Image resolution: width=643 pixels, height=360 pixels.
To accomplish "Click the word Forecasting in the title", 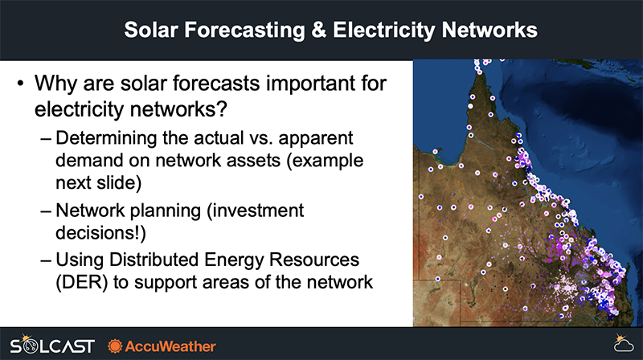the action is pyautogui.click(x=244, y=30).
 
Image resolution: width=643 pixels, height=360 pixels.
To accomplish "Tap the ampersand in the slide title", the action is pyautogui.click(x=318, y=30).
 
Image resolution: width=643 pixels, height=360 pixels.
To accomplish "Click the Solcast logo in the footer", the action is pyautogui.click(x=52, y=345).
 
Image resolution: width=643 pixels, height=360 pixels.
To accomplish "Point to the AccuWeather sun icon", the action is pyautogui.click(x=115, y=346).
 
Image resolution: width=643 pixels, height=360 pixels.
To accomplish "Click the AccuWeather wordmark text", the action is pyautogui.click(x=170, y=346).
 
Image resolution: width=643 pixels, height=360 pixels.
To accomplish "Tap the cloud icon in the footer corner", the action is pyautogui.click(x=624, y=343).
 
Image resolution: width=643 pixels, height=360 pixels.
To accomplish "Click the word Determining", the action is pyautogui.click(x=106, y=138).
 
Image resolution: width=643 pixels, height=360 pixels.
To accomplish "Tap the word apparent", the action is pyautogui.click(x=316, y=139).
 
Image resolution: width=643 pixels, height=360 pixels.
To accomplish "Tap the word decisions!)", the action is pyautogui.click(x=101, y=233).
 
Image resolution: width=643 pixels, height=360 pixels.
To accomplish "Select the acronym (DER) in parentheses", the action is pyautogui.click(x=82, y=283).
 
